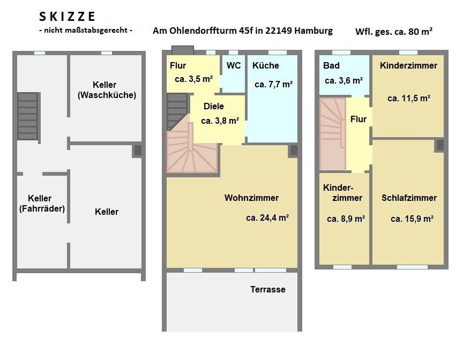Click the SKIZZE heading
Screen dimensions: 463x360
67,17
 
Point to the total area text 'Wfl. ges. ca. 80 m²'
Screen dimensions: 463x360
394,31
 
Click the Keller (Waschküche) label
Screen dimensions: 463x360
107,89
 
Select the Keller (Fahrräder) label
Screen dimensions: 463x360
42,204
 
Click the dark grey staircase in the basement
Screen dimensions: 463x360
28,116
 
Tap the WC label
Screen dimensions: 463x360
234,65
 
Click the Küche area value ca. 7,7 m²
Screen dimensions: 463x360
273,85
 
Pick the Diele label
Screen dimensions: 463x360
213,106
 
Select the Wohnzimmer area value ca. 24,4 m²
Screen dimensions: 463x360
267,218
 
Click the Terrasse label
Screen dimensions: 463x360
268,289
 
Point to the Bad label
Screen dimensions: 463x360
331,65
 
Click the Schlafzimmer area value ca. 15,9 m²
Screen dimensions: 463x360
412,219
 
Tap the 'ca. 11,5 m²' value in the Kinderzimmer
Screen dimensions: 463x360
409,98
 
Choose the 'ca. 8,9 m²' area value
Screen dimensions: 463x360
346,219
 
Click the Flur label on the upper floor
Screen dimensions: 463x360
359,119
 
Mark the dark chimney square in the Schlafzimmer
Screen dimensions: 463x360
440,145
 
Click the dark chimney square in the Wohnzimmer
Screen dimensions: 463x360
294,151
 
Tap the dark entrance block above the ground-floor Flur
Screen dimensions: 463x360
183,50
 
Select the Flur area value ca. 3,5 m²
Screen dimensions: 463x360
193,79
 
